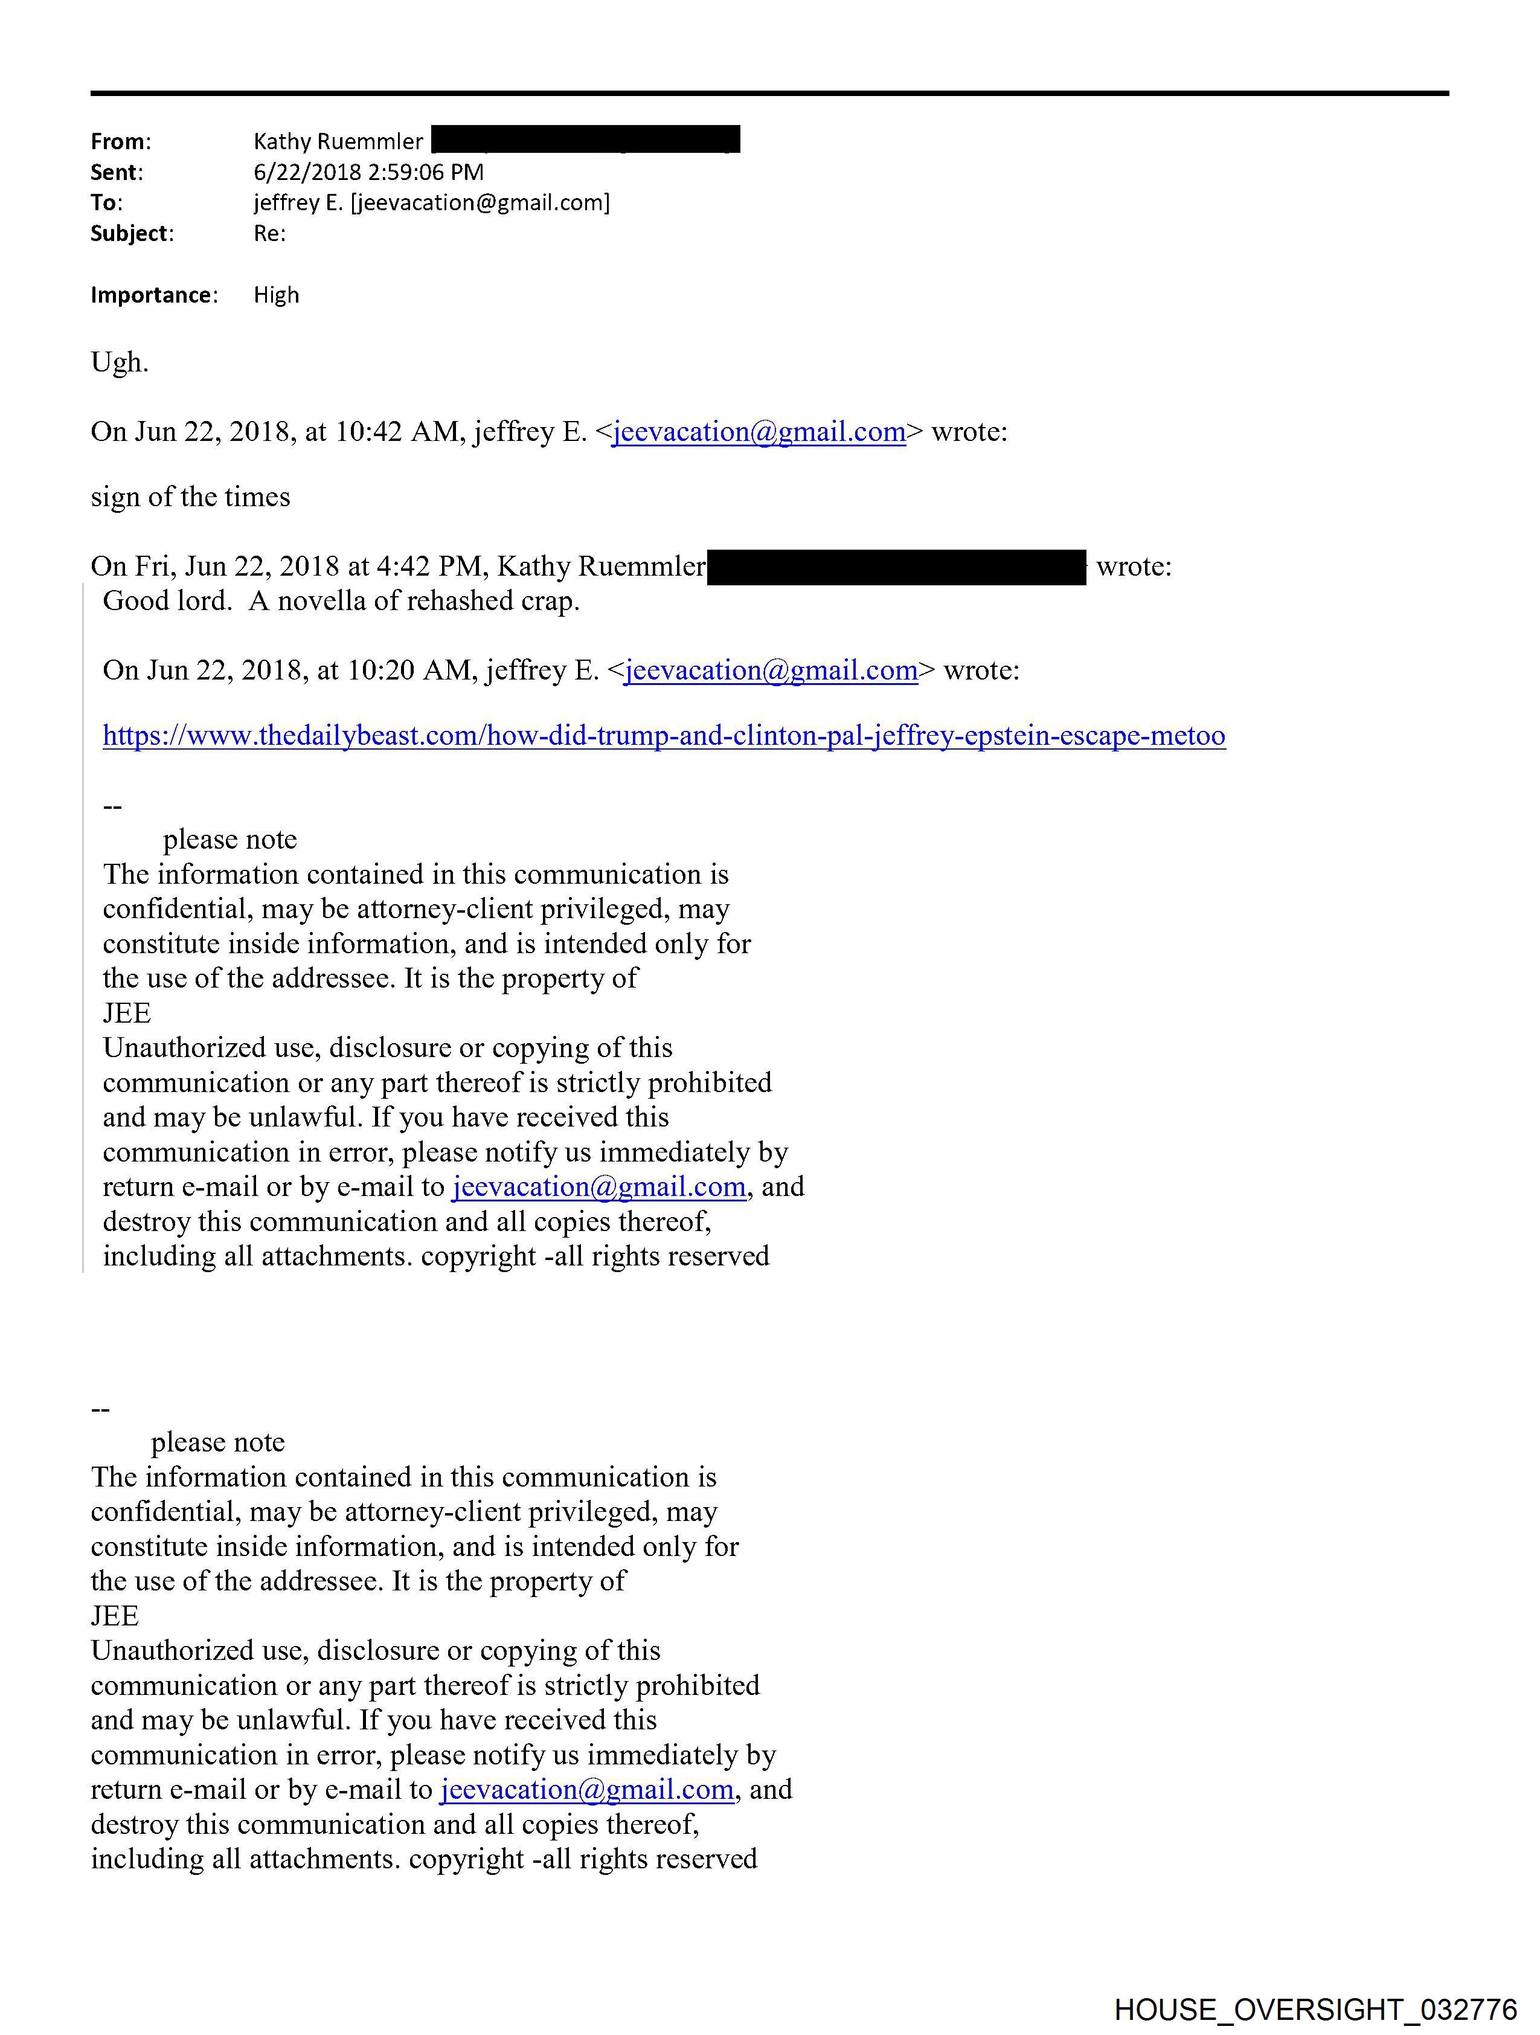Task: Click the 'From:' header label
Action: [121, 142]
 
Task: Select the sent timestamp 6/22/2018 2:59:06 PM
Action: [368, 172]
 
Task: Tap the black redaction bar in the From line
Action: [585, 140]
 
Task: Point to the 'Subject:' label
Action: [132, 234]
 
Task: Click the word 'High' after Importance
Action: [276, 295]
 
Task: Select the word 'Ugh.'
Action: [120, 364]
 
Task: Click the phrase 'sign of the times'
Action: [190, 498]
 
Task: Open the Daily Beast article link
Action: [663, 736]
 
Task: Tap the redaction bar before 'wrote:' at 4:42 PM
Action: [897, 567]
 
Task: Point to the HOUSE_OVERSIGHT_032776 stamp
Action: [1315, 2009]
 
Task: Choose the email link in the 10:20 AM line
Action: [771, 670]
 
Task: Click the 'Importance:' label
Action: [153, 295]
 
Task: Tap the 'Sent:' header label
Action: [116, 172]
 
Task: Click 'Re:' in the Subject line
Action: [269, 234]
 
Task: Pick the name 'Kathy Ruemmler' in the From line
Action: [338, 142]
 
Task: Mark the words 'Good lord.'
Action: [167, 602]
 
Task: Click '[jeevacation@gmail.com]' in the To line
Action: [480, 202]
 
